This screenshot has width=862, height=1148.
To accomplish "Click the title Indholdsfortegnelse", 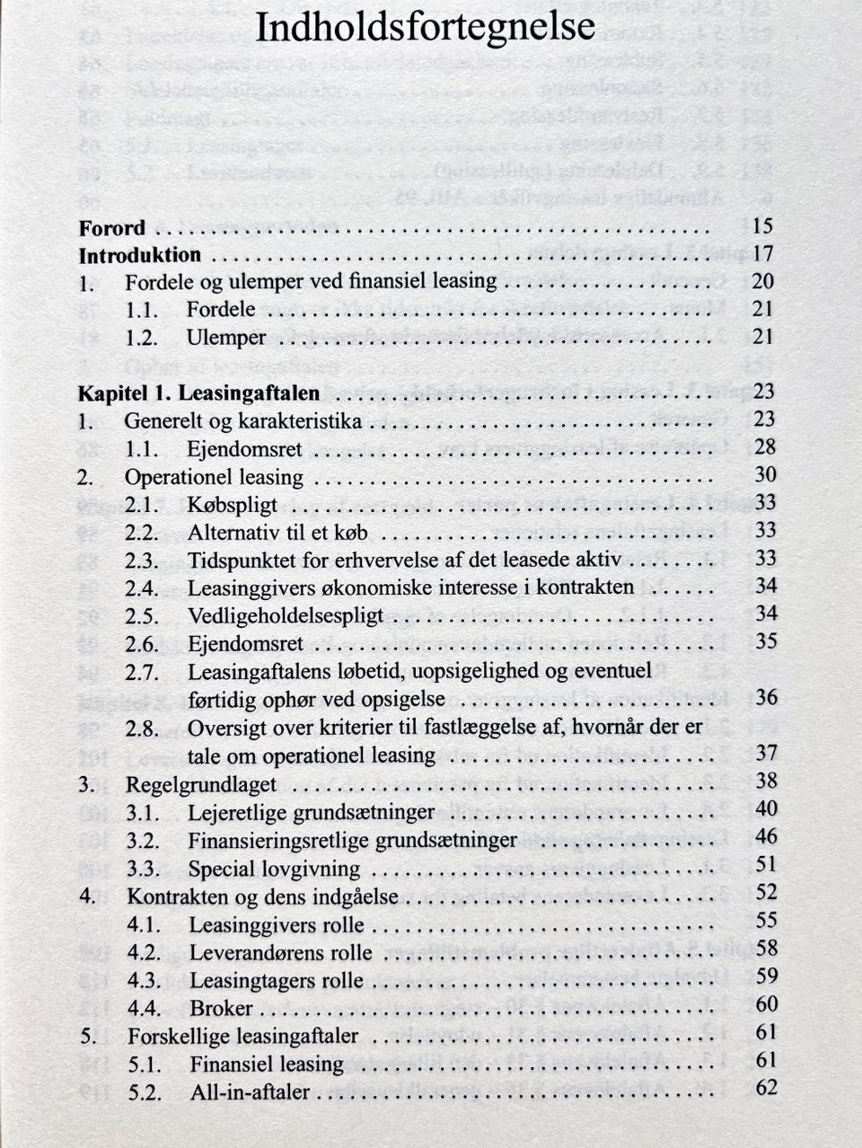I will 425,28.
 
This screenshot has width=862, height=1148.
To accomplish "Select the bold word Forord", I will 111,228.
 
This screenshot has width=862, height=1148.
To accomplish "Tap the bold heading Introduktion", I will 140,256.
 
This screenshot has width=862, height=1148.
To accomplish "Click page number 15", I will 763,226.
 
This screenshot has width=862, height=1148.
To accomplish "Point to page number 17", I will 763,254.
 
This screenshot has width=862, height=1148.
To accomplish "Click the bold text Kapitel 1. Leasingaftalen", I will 198,393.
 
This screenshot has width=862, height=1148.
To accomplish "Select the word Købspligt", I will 233,505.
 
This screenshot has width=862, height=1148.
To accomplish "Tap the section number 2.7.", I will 142,672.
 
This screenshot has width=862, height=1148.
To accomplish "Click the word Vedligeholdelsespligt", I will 286,617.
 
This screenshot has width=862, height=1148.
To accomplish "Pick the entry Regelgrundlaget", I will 201,784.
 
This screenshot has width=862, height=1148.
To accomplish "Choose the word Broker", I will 221,1009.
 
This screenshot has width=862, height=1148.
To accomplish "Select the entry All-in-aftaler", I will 250,1092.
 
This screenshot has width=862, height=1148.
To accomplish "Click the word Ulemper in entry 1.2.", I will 226,339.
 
